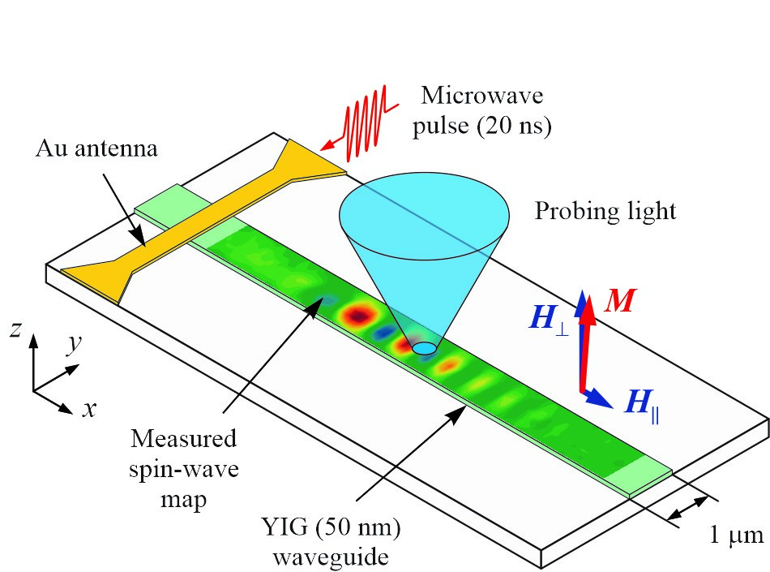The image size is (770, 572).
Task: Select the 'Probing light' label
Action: (x=605, y=212)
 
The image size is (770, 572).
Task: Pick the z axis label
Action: (x=15, y=329)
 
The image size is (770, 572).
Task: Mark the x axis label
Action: (x=88, y=408)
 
